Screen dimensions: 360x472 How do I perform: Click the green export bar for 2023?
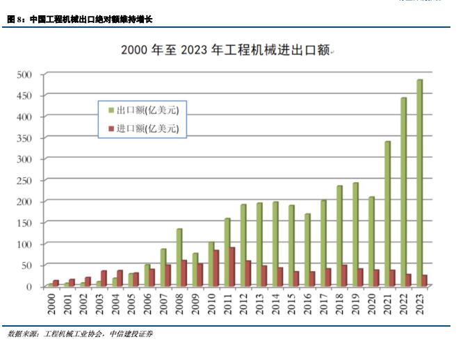[419, 183]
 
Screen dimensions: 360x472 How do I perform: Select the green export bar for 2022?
[403, 192]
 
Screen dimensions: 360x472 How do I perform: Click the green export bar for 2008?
[179, 257]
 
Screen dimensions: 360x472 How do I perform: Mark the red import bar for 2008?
[185, 273]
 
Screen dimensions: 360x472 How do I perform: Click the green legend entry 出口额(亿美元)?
[142, 110]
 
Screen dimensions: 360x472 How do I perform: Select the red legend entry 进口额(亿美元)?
[142, 129]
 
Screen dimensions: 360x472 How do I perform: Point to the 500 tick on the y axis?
[24, 74]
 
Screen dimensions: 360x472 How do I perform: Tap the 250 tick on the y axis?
[24, 180]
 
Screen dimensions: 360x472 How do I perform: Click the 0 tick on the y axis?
[29, 286]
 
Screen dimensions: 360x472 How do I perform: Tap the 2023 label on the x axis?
[421, 303]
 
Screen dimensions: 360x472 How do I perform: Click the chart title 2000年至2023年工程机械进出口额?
[225, 49]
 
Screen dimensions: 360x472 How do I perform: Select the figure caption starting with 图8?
[90, 20]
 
